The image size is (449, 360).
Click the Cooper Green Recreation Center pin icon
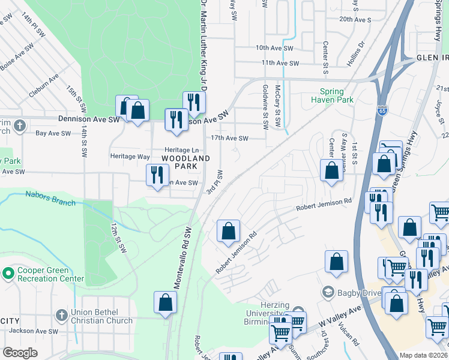pyautogui.click(x=8, y=274)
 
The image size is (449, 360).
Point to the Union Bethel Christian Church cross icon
pyautogui.click(x=61, y=315)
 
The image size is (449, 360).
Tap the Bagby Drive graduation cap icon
pyautogui.click(x=328, y=292)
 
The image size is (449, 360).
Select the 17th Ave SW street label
pyautogui.click(x=229, y=138)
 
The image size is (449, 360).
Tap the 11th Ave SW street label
pyautogui.click(x=280, y=62)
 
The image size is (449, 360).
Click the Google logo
pyautogui.click(x=20, y=353)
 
